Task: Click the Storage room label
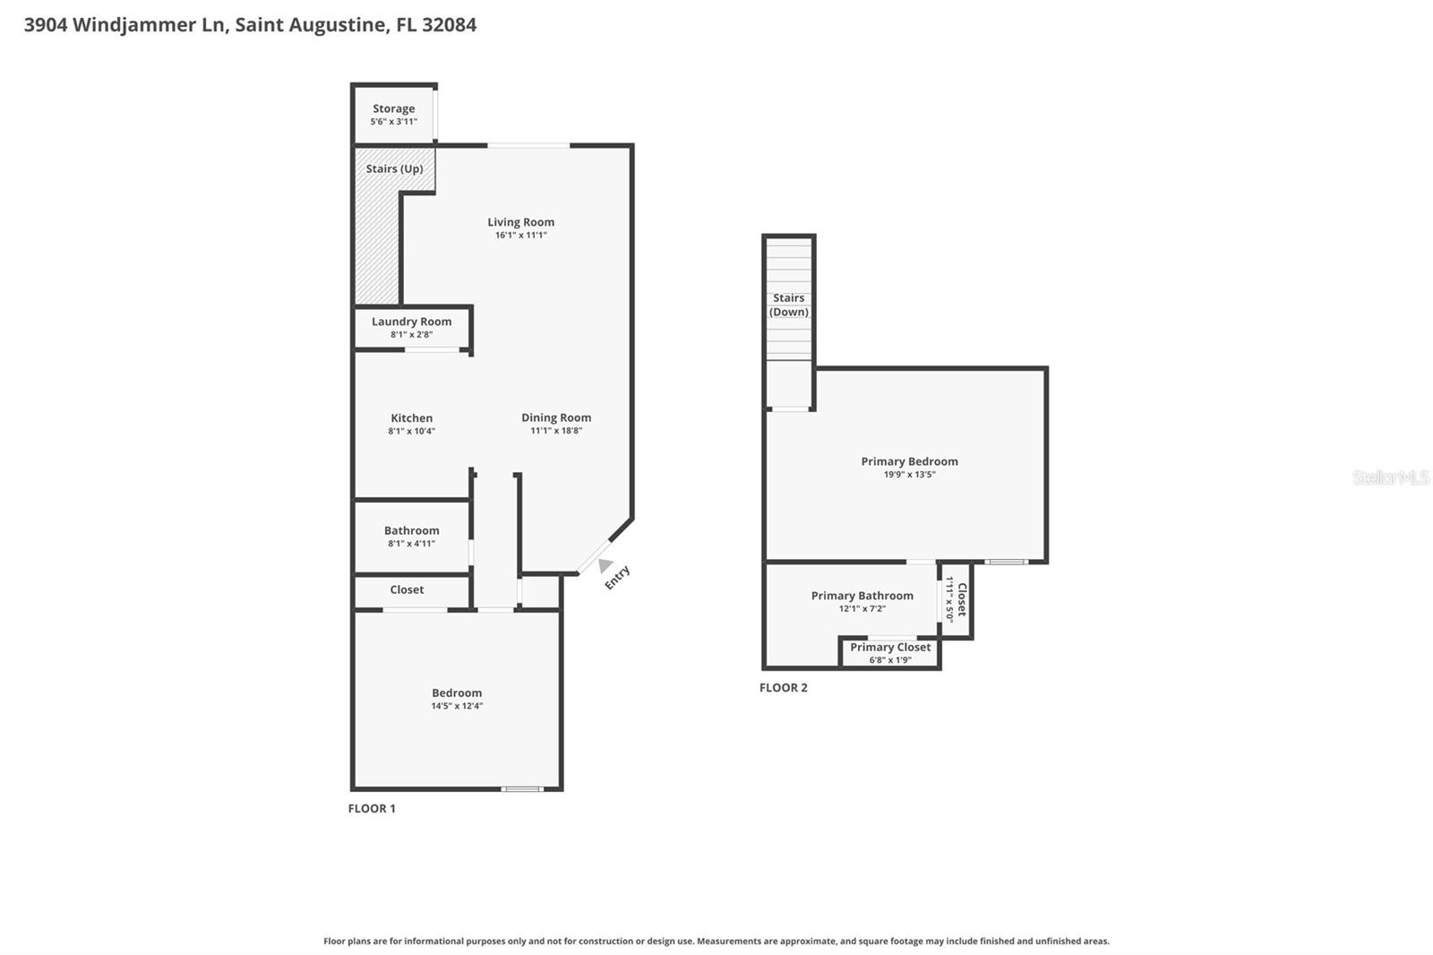tap(393, 108)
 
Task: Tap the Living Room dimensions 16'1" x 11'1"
tap(520, 236)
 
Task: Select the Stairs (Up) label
tap(394, 168)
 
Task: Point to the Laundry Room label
tap(411, 322)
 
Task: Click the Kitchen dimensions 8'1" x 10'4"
tap(411, 431)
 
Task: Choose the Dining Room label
tap(556, 417)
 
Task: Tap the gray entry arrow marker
tap(605, 565)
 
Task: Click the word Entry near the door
tap(617, 578)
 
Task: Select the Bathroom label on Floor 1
tap(411, 530)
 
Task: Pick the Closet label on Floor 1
tap(407, 589)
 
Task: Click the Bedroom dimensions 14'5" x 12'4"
tap(457, 706)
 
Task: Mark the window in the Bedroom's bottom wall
tap(521, 789)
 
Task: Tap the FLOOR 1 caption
tap(372, 808)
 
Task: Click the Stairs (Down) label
tap(789, 305)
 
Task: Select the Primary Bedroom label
tap(909, 461)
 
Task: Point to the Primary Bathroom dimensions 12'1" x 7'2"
tap(862, 609)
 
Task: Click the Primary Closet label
tap(890, 647)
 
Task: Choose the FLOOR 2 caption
tap(784, 688)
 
